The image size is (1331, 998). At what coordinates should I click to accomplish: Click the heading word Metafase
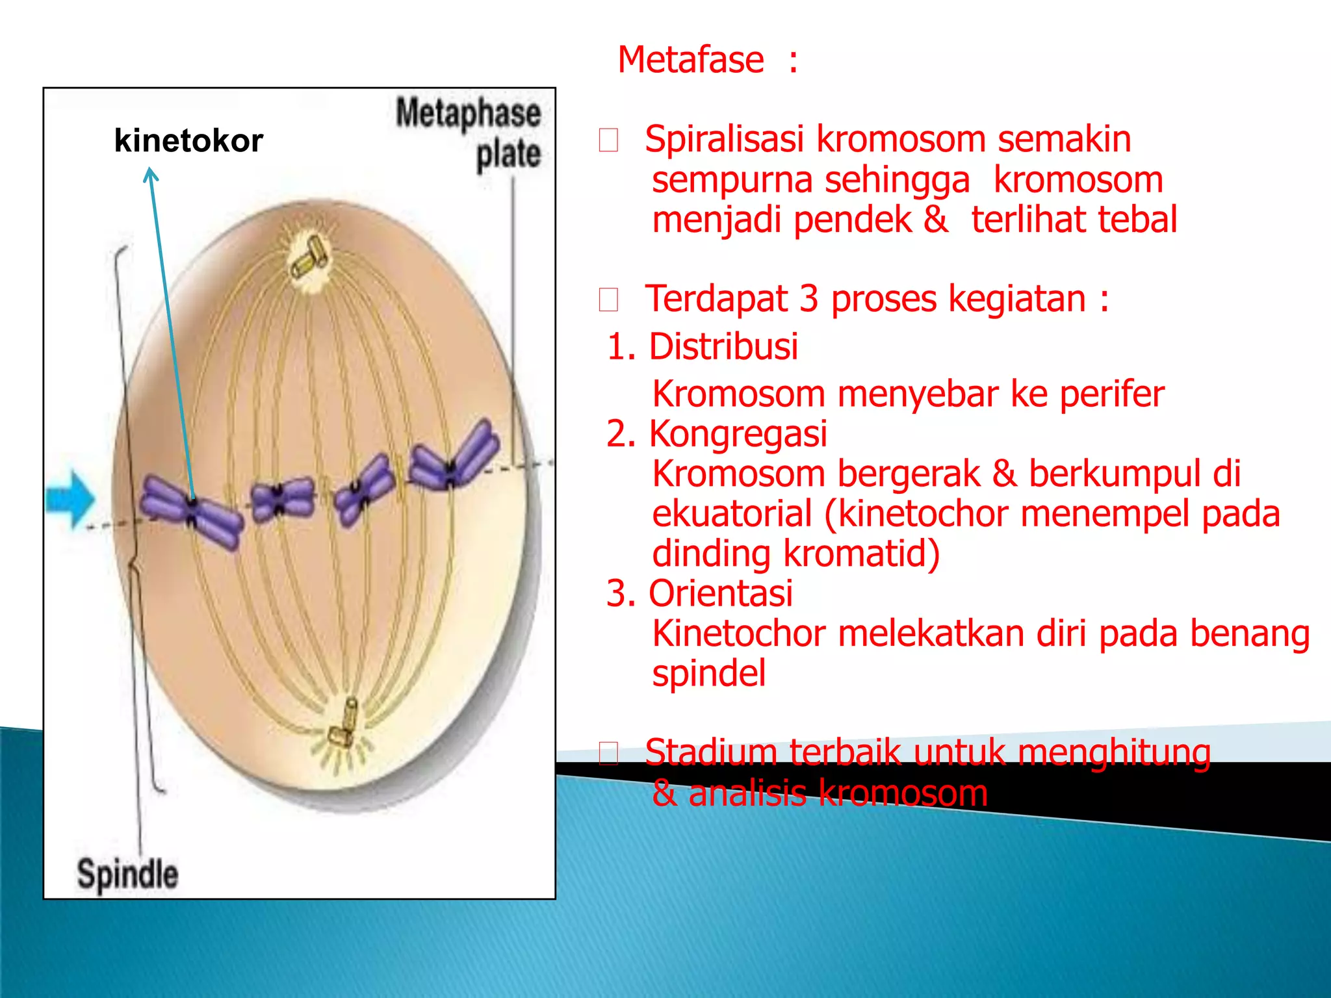[690, 60]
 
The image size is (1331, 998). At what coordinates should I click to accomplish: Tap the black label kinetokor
[188, 141]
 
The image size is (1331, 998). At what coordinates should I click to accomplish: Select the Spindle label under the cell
[127, 874]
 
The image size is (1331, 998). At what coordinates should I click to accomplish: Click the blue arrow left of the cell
[70, 499]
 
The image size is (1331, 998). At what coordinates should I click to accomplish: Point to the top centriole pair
[309, 259]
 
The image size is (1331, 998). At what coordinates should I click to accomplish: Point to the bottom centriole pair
[344, 724]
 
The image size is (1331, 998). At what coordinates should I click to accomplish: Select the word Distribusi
[723, 346]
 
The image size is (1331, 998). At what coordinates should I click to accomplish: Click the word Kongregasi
[738, 434]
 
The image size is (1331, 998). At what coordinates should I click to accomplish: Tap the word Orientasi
[720, 593]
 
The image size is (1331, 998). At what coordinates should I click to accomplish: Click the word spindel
[708, 673]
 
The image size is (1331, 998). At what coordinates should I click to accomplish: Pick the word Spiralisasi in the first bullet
[724, 140]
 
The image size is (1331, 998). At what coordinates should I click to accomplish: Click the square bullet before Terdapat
[608, 300]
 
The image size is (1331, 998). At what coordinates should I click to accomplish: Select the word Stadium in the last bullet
[710, 752]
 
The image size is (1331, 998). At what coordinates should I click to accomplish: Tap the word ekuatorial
[732, 514]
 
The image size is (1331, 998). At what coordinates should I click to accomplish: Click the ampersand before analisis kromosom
[664, 793]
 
